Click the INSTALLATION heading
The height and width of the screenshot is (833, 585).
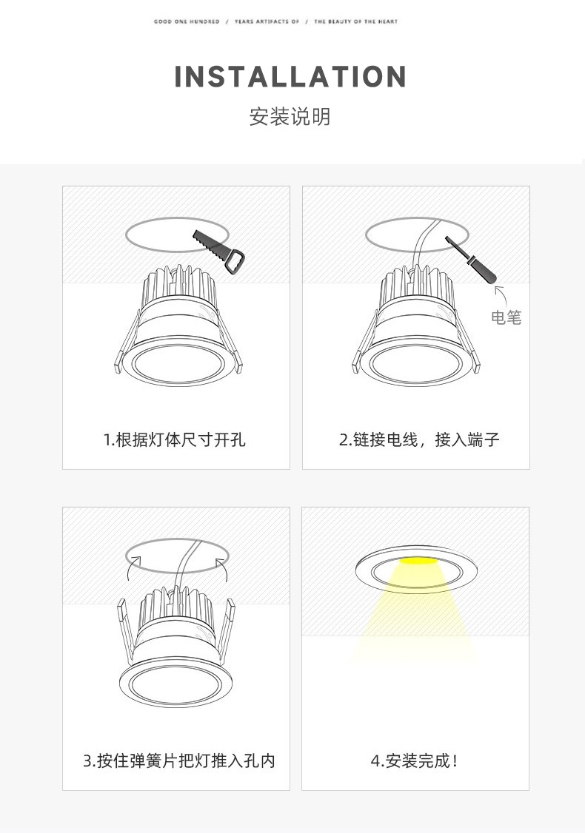tap(291, 77)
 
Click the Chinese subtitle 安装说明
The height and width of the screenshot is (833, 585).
tap(290, 117)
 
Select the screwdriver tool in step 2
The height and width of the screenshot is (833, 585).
tap(471, 260)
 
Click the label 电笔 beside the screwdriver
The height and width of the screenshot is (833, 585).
tap(507, 318)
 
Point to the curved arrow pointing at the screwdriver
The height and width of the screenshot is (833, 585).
tap(500, 295)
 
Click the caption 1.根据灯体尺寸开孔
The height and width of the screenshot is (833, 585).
tap(175, 440)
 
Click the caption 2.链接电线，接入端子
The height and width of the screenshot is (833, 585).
tap(419, 440)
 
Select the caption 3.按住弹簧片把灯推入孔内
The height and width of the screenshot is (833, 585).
tap(179, 761)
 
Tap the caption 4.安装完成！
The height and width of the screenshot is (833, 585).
tap(414, 761)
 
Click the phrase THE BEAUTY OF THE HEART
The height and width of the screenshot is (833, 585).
tap(355, 22)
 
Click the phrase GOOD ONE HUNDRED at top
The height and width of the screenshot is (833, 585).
tap(187, 22)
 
